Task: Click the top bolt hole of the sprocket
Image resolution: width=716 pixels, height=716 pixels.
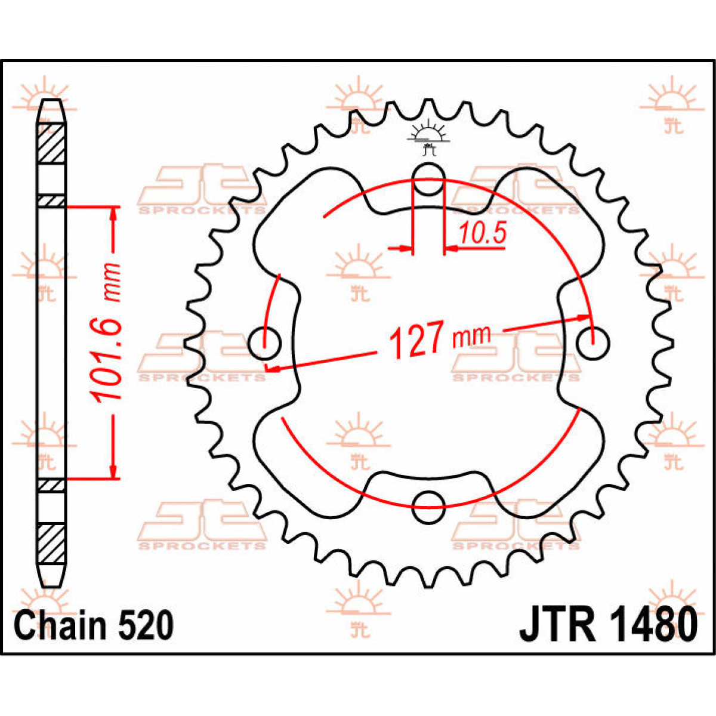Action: pyautogui.click(x=428, y=179)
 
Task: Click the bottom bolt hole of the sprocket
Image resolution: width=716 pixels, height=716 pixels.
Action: pyautogui.click(x=428, y=507)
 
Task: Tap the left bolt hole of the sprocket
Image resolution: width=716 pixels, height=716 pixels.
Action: pyautogui.click(x=264, y=343)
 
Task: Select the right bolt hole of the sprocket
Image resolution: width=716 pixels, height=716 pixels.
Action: pyautogui.click(x=592, y=343)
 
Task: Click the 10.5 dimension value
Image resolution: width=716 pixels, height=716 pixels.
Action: pyautogui.click(x=482, y=233)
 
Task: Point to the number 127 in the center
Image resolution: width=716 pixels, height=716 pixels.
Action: pyautogui.click(x=416, y=340)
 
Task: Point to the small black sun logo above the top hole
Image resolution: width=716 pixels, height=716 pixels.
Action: pyautogui.click(x=427, y=135)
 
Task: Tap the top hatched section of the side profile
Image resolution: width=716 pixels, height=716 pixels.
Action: pyautogui.click(x=52, y=144)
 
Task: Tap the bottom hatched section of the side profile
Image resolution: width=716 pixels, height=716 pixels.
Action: pyautogui.click(x=52, y=543)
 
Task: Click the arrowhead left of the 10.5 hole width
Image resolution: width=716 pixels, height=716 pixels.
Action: pyautogui.click(x=406, y=248)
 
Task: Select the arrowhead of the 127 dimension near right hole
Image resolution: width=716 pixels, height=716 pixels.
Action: pyautogui.click(x=585, y=317)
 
